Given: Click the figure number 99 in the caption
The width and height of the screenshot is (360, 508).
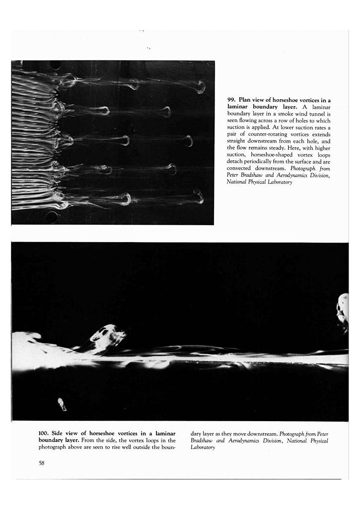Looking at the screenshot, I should (x=231, y=100).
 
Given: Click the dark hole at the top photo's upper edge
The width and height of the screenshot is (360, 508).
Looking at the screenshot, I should (x=56, y=64).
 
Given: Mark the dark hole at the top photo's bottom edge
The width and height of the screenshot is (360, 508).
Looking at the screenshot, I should (x=52, y=217).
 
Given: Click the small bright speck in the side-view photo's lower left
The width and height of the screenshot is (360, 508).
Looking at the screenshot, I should (x=62, y=404).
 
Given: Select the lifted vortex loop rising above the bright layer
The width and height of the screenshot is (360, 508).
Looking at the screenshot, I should (x=108, y=337).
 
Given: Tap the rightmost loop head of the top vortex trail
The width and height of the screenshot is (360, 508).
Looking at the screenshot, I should (x=200, y=87).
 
